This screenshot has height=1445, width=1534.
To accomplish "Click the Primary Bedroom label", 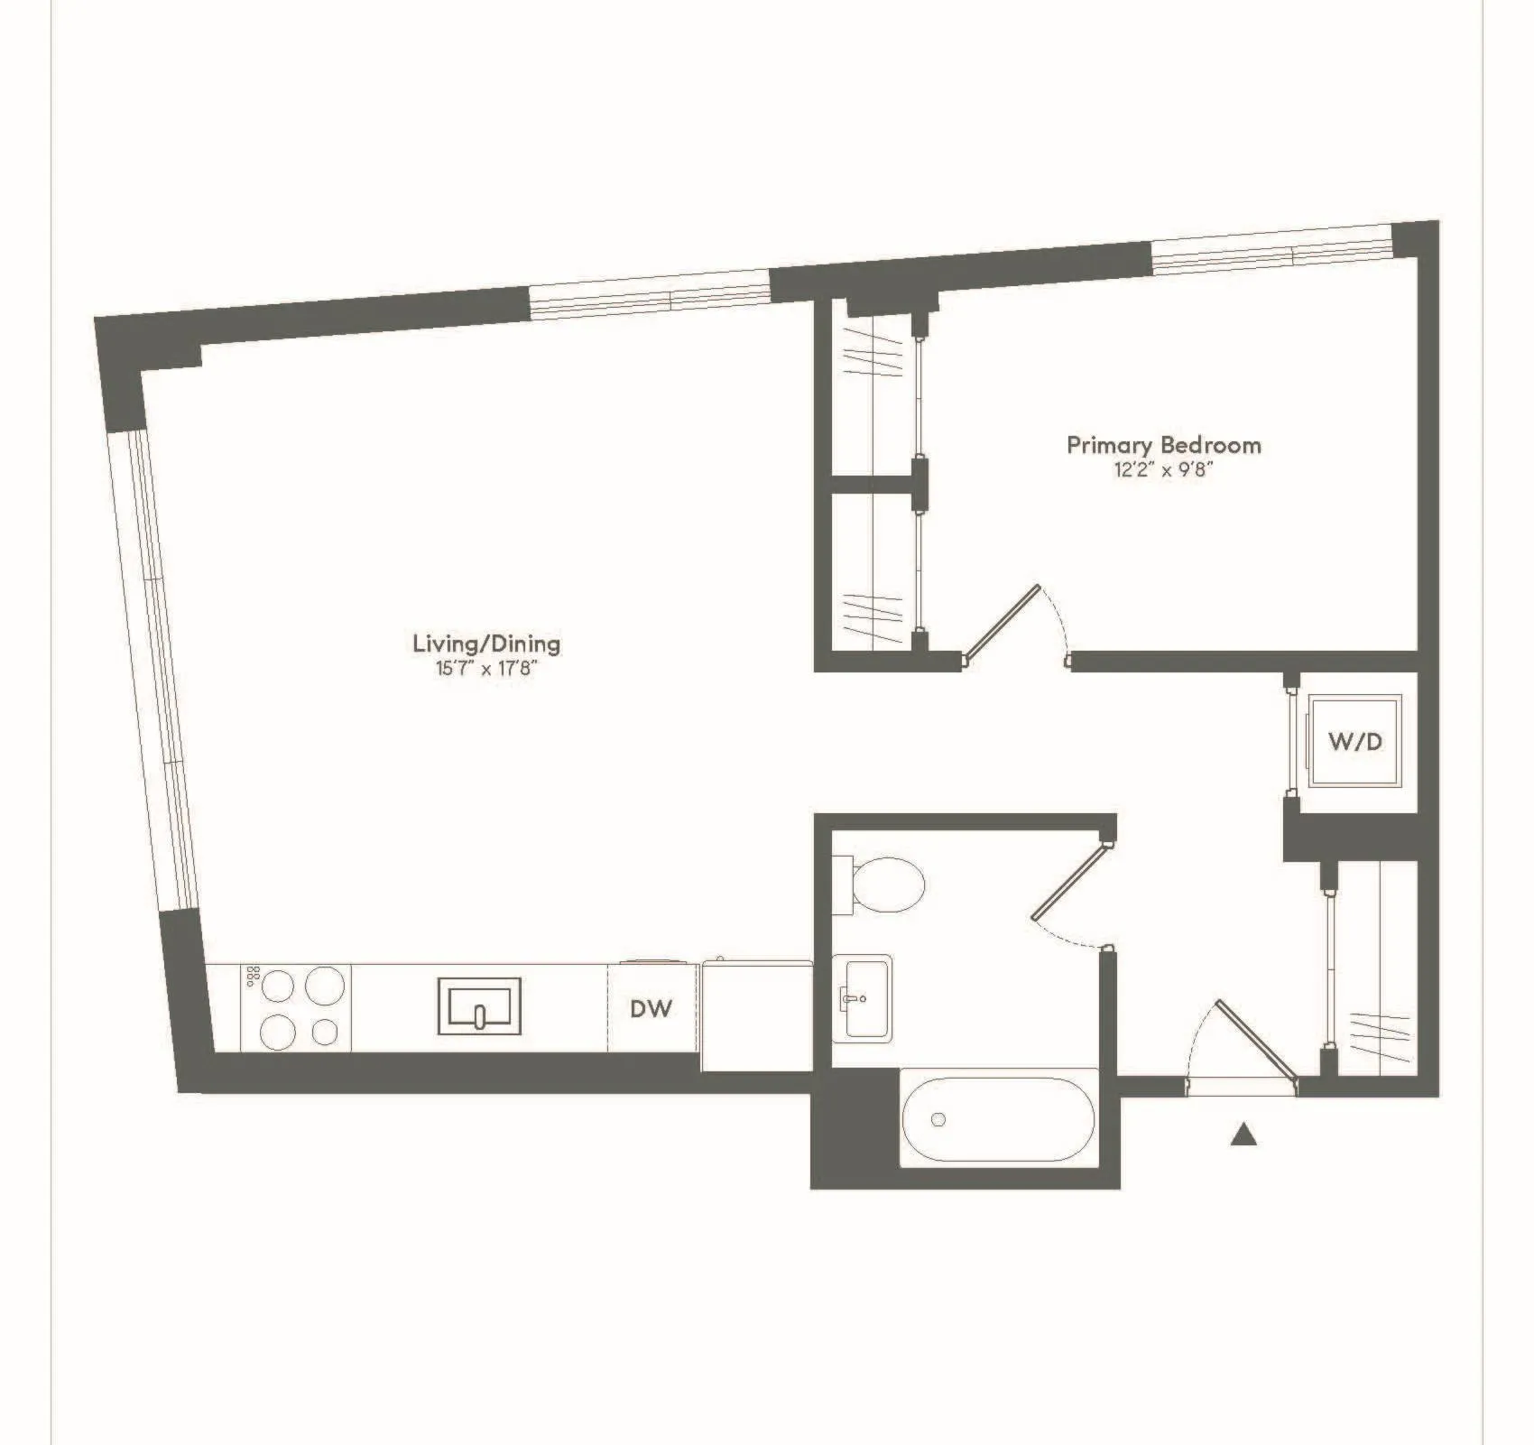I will pos(1163,445).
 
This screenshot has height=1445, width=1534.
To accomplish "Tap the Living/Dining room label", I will pos(486,644).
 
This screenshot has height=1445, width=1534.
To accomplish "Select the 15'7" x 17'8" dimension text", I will pos(486,669).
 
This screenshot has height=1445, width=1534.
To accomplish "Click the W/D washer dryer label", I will pos(1355,741).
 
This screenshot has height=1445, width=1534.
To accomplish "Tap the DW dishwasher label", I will pos(651,1008).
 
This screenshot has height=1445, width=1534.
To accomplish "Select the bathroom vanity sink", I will pos(862,997).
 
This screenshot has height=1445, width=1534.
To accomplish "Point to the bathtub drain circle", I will pos(938,1119).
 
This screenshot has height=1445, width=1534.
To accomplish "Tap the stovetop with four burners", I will pos(295,1006).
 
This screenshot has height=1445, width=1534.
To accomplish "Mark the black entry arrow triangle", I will pos(1243,1134).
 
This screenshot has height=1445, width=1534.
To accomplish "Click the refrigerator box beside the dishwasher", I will pos(756,1015).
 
